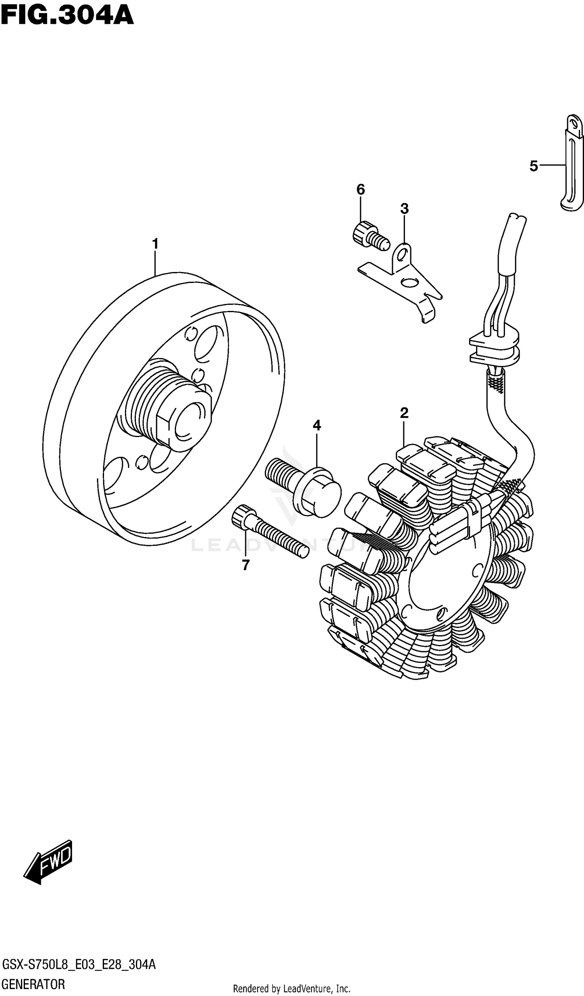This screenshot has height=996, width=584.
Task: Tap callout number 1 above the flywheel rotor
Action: click(155, 244)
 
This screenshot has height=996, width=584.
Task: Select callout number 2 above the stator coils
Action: click(404, 413)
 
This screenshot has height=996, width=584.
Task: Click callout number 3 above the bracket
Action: click(404, 209)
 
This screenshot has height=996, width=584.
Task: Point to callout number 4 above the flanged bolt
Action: click(317, 425)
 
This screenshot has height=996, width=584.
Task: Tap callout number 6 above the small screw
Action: click(361, 190)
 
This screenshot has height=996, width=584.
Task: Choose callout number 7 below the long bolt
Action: click(246, 565)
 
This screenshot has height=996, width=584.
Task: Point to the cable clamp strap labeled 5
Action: click(572, 166)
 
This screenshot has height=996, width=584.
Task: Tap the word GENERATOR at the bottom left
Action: click(33, 984)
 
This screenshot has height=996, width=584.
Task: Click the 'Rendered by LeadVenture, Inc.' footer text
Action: click(292, 989)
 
